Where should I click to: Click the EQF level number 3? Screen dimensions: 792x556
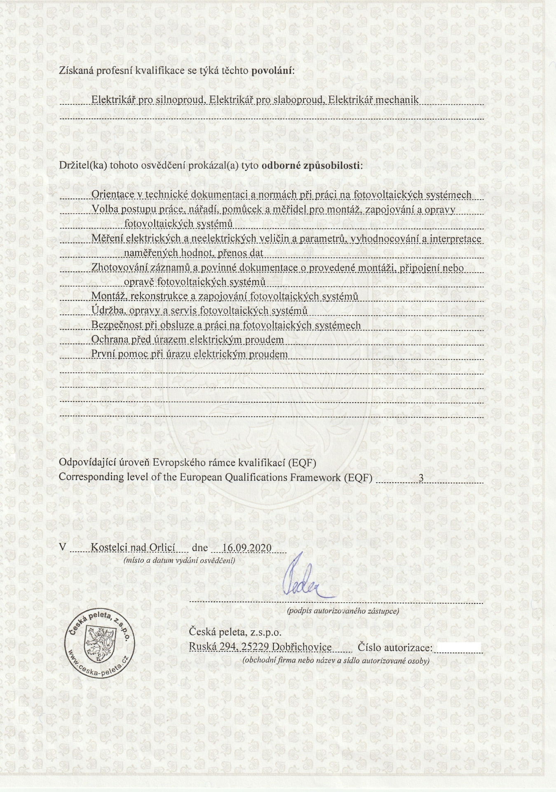(x=421, y=478)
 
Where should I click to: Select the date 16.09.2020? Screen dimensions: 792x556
(x=246, y=548)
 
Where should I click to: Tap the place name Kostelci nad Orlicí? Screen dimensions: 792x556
(x=133, y=548)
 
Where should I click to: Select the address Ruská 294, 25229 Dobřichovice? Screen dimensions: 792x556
(x=260, y=647)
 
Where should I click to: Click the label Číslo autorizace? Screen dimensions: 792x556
(x=395, y=647)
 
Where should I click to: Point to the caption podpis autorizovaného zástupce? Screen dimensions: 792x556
(x=343, y=611)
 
